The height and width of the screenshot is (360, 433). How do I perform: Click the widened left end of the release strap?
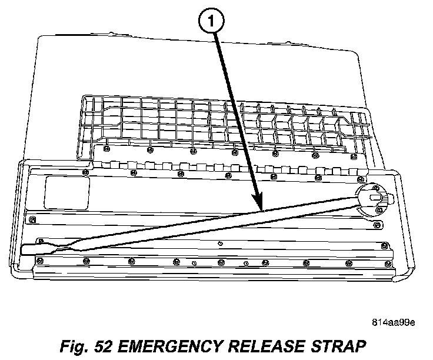click(35, 248)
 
